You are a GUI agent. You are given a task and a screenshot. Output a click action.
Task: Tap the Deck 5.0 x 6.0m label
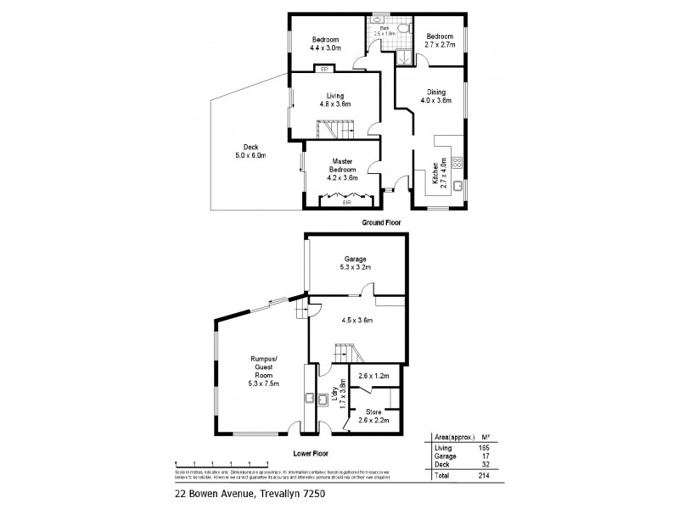[251, 150]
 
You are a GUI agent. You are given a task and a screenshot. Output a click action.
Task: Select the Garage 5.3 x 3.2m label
[355, 261]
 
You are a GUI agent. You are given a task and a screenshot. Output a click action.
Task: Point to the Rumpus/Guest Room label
[264, 372]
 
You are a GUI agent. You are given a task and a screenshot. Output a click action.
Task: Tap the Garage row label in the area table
[444, 456]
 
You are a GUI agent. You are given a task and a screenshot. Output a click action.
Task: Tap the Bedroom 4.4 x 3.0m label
[326, 44]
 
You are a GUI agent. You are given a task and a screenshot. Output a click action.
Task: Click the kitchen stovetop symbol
[457, 159]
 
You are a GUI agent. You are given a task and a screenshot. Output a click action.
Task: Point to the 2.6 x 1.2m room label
[373, 377]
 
